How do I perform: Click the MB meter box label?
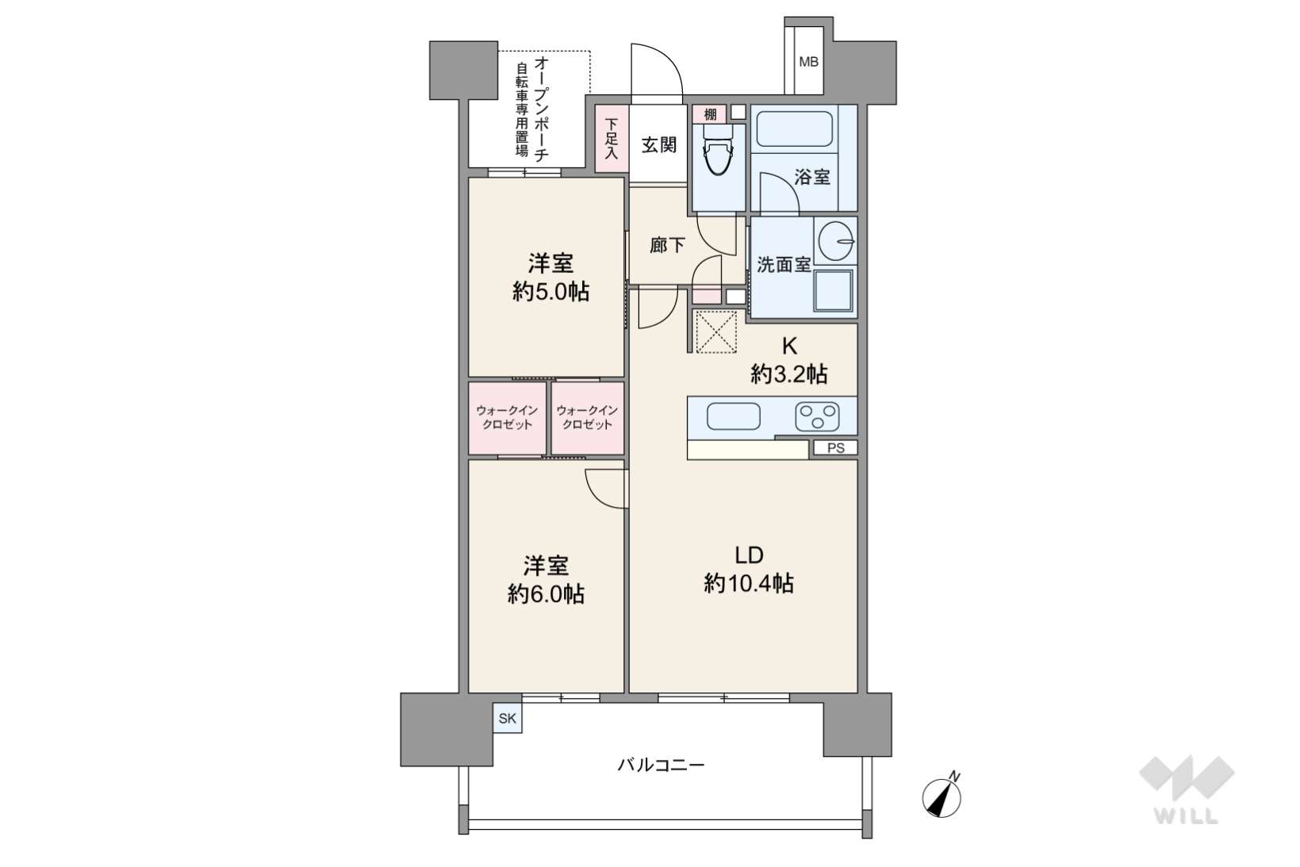tap(808, 62)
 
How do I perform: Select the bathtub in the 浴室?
tap(795, 129)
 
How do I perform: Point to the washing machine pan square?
tap(833, 291)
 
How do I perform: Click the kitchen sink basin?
tap(733, 416)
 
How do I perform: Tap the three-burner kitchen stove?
tap(817, 416)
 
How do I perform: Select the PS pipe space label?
tap(836, 448)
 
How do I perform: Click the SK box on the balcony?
tap(508, 719)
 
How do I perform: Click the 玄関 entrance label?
tap(658, 145)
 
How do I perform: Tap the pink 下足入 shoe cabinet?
tap(612, 138)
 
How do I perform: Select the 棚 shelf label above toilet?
tap(710, 114)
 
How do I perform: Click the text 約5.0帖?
tap(550, 291)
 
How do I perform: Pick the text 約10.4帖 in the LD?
tap(749, 583)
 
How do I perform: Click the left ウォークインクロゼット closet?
tap(508, 418)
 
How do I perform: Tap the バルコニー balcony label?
tap(661, 765)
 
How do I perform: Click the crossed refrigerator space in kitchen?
tap(715, 332)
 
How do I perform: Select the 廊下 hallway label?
tap(667, 245)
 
